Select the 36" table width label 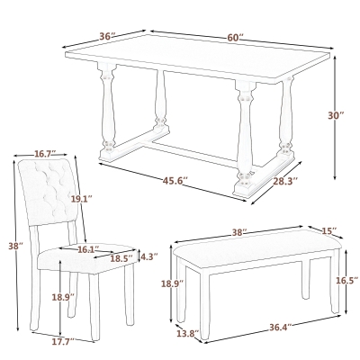107,37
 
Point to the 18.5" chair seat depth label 120,258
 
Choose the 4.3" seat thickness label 148,256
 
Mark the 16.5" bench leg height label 346,281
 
